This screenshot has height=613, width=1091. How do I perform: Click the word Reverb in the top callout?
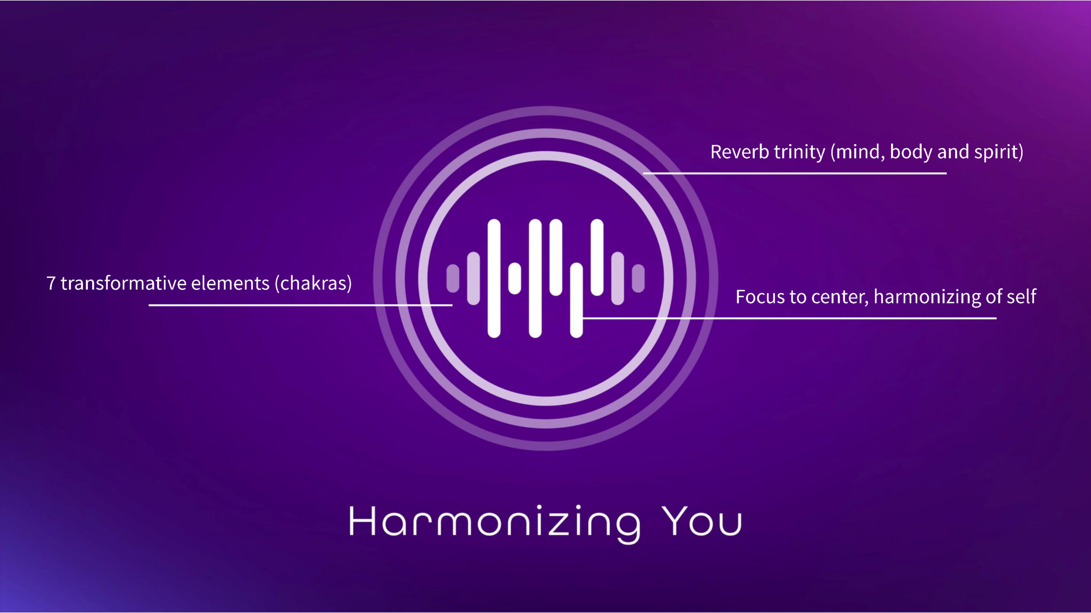point(739,152)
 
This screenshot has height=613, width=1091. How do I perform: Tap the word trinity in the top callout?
point(799,152)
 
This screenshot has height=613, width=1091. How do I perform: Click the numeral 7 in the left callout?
point(51,284)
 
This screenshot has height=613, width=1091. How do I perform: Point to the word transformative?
point(124,284)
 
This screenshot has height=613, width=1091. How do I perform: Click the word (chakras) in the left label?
point(313,284)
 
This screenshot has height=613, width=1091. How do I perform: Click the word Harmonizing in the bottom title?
point(494,522)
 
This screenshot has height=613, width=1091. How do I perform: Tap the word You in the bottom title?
point(701,522)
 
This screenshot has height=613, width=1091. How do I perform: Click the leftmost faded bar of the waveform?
point(453,278)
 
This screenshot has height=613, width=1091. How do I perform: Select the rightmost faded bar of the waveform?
point(638,278)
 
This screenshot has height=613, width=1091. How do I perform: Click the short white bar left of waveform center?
point(515,278)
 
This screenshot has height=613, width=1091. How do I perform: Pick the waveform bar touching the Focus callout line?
point(576,300)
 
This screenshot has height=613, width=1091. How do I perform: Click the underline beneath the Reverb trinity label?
point(795,173)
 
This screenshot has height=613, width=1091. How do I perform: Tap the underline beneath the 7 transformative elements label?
point(300,305)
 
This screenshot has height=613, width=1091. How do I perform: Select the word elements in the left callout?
point(230,284)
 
